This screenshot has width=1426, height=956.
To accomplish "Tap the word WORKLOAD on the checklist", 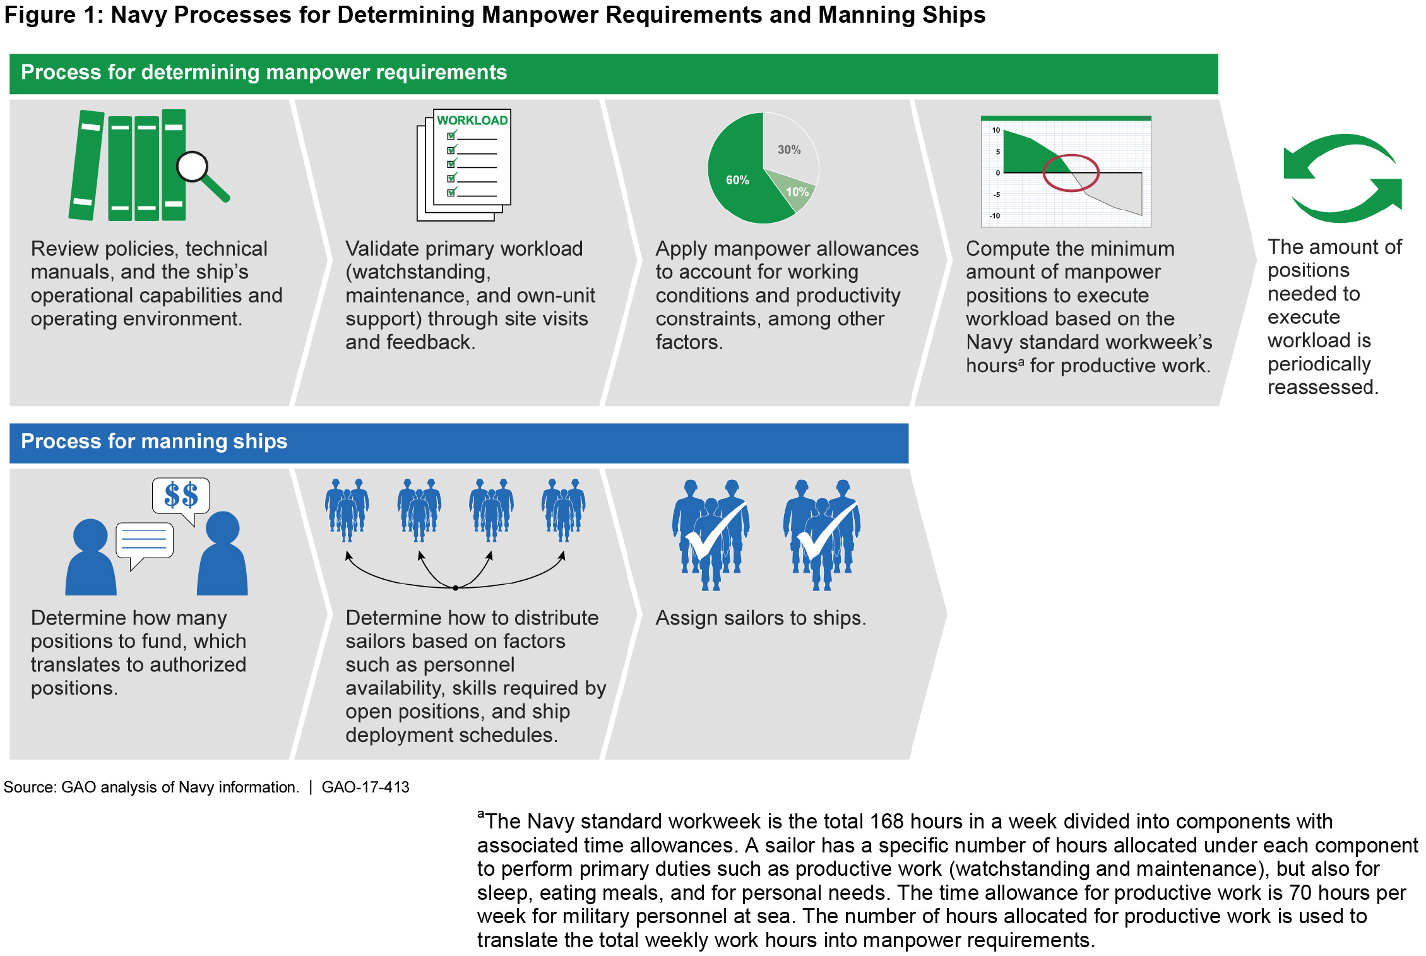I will [x=472, y=121].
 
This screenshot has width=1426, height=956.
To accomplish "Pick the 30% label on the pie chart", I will [x=789, y=150].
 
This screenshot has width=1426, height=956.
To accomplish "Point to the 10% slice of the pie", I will [x=797, y=192].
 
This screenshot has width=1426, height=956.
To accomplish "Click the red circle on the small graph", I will [x=1071, y=173].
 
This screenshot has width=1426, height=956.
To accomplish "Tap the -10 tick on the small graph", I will [x=995, y=216].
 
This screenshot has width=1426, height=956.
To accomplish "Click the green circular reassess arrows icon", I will [x=1343, y=178].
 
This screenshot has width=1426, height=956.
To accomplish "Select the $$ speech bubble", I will [x=181, y=496].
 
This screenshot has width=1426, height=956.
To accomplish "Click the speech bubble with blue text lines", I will [x=145, y=541].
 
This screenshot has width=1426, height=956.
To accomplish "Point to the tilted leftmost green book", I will [x=86, y=165].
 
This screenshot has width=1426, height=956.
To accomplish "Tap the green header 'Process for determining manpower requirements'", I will [x=264, y=73].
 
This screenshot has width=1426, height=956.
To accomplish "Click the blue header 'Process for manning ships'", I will [x=154, y=441].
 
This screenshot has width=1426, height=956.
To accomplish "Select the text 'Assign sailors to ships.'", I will [x=761, y=618].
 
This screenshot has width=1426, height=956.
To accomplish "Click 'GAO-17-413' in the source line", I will [x=365, y=787].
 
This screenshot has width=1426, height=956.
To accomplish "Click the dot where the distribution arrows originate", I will [x=455, y=588].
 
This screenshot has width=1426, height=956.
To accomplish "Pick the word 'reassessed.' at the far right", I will [x=1322, y=387].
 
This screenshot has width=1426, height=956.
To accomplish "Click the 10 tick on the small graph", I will [x=995, y=130].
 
